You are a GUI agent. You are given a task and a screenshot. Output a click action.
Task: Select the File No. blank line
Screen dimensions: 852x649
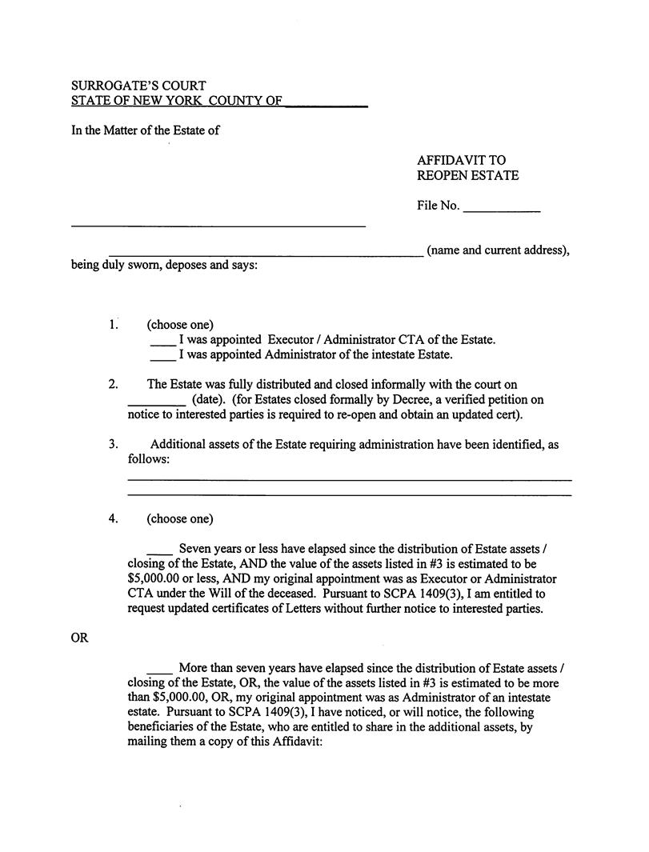coord(502,210)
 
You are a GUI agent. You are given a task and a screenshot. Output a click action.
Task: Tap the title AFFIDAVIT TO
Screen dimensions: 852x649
coord(461,160)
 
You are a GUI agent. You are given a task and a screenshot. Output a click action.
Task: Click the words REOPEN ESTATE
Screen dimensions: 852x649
coord(467,175)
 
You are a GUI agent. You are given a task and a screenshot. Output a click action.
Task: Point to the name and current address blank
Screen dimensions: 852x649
coord(266,254)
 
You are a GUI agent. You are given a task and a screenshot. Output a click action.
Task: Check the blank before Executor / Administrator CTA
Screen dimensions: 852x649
coord(162,343)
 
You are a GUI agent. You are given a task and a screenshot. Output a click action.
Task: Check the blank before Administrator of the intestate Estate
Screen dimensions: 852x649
coord(162,358)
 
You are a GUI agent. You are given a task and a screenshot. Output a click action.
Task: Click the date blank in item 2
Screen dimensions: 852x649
coord(157,403)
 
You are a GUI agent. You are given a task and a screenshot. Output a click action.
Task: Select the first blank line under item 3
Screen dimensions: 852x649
coord(349,478)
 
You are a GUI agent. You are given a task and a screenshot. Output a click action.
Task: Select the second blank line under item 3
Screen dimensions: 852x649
coord(349,494)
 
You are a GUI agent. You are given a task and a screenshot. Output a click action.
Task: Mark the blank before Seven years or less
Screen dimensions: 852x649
coord(159,553)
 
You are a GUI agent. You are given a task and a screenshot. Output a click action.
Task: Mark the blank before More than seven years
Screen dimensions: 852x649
coord(159,671)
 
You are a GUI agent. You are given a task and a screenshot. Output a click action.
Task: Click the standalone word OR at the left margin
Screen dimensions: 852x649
coord(79,638)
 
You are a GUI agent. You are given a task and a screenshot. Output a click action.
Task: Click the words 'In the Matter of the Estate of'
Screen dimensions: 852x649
coord(146,130)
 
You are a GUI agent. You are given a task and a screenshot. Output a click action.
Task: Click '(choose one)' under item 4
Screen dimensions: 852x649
coord(180,518)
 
